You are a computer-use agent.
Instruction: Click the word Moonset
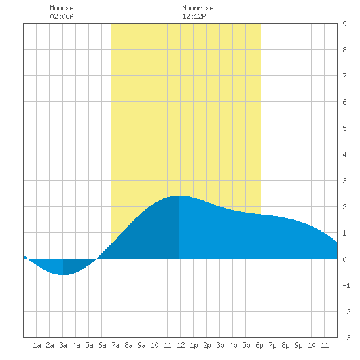pos(63,8)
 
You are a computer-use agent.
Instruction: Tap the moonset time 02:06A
pos(62,16)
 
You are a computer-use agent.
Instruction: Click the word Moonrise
pos(198,8)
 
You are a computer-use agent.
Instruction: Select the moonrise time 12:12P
pos(194,16)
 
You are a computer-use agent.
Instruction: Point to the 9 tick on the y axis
pos(344,24)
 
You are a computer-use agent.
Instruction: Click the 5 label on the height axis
pos(344,128)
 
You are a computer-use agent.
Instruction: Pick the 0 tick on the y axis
pos(344,259)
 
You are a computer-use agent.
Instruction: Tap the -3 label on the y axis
pos(346,338)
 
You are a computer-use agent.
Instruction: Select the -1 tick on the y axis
pos(346,285)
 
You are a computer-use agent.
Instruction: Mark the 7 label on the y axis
pos(344,76)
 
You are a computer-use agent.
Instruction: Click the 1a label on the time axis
pos(37,345)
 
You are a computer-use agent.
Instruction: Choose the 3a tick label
pos(63,345)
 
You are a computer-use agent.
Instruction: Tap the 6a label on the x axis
pos(102,345)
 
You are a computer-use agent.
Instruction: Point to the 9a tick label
pos(141,345)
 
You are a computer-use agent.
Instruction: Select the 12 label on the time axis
pos(181,345)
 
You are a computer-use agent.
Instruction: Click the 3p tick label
pos(220,345)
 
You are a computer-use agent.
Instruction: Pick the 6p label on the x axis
pos(259,345)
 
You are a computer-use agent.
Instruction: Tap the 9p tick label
pos(298,345)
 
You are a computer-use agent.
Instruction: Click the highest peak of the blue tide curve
pos(179,196)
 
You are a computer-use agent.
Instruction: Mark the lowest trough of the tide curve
pos(63,274)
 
